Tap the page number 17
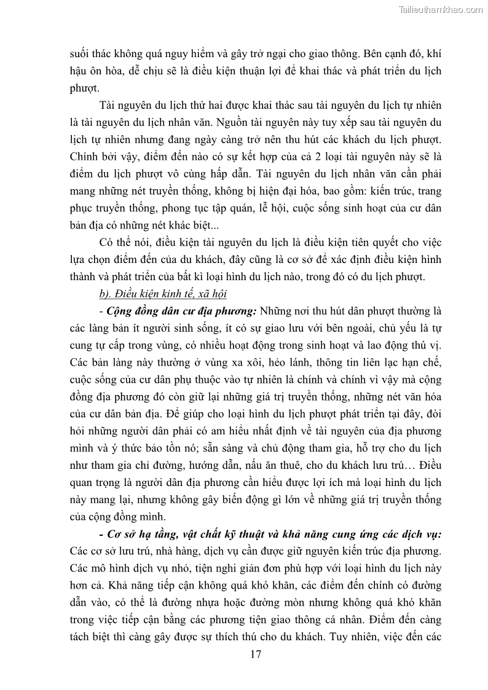(256, 654)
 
